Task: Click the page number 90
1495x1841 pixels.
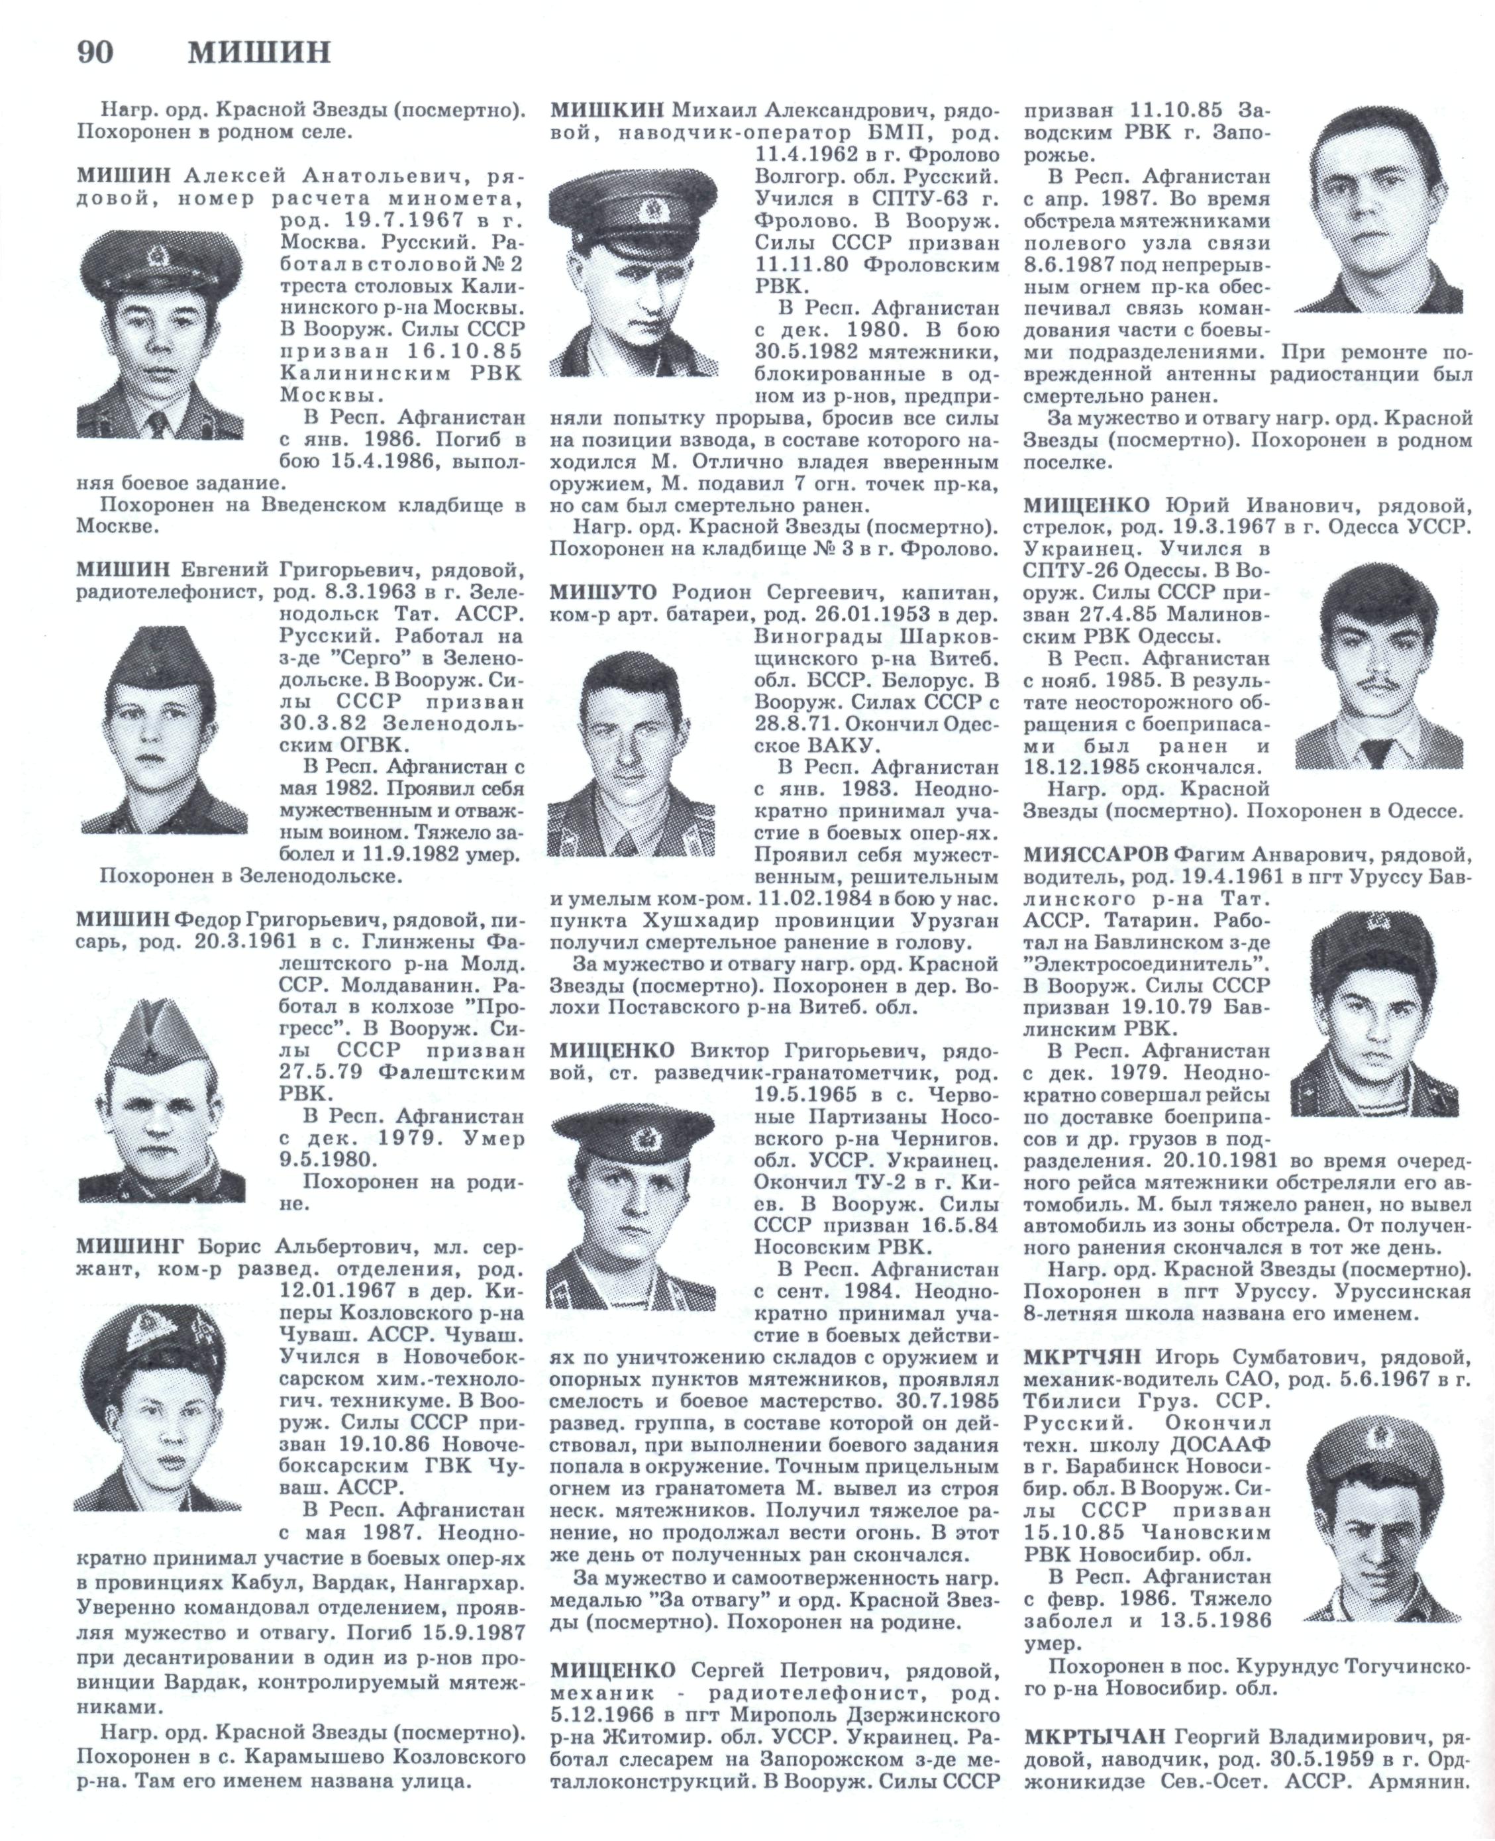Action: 95,54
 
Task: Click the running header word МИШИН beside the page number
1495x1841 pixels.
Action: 259,54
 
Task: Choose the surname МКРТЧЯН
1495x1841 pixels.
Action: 1082,1358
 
